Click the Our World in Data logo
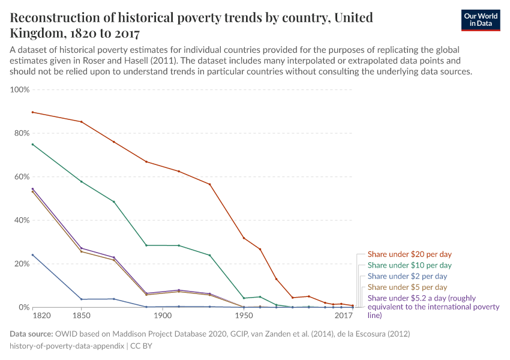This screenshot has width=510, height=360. point(480,20)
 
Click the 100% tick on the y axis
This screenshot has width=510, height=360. point(20,90)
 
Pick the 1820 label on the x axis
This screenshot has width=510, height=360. point(41,316)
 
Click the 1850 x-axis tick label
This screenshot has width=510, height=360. point(81,316)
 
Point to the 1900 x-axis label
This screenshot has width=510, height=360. point(162,316)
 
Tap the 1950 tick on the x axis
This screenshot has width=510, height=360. point(244,316)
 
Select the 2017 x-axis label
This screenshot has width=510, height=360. point(343,316)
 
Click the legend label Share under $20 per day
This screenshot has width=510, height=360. point(410,254)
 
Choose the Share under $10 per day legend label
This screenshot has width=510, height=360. point(410,265)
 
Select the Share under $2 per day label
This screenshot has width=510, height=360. point(407,276)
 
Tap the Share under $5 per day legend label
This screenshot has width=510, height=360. point(407,287)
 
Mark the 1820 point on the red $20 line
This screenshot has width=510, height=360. point(32,112)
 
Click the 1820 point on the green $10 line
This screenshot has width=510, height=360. point(32,144)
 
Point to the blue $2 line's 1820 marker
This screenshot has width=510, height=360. point(32,255)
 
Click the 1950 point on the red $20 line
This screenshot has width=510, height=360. point(244,238)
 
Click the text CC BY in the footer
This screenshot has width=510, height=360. point(142,346)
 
